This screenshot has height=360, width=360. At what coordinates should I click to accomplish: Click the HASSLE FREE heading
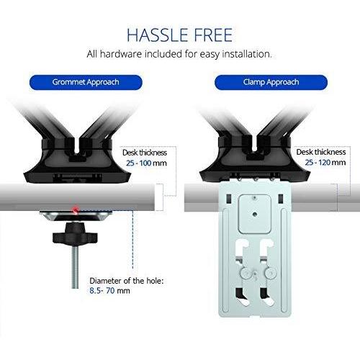coord(179,35)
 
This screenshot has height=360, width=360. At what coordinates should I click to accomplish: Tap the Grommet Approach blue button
coord(86,82)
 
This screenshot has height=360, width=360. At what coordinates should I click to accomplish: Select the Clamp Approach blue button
coord(271,82)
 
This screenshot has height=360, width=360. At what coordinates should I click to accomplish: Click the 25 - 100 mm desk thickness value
coord(146,163)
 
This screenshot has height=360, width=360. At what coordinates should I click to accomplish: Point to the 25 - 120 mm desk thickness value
coord(325,163)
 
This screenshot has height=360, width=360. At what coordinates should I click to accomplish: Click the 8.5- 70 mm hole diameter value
coord(109,291)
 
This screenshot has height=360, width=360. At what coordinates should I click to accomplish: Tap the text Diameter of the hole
coord(127,281)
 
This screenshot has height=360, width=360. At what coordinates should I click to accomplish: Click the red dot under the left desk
coord(76,209)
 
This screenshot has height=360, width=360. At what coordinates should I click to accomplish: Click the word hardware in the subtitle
coord(121,54)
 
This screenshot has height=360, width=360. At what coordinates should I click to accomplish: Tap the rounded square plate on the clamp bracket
coord(255,214)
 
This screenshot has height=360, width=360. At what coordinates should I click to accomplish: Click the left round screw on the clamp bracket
coord(246,273)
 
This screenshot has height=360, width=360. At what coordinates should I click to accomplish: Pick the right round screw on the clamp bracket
coord(271,273)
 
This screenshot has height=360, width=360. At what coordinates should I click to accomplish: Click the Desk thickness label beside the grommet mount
coord(145,153)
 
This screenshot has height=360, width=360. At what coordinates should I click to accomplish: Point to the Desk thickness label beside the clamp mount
coord(321,152)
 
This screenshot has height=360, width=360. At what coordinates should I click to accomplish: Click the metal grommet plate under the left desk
coord(76,216)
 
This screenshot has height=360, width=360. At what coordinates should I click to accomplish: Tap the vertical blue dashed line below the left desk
coord(132,240)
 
